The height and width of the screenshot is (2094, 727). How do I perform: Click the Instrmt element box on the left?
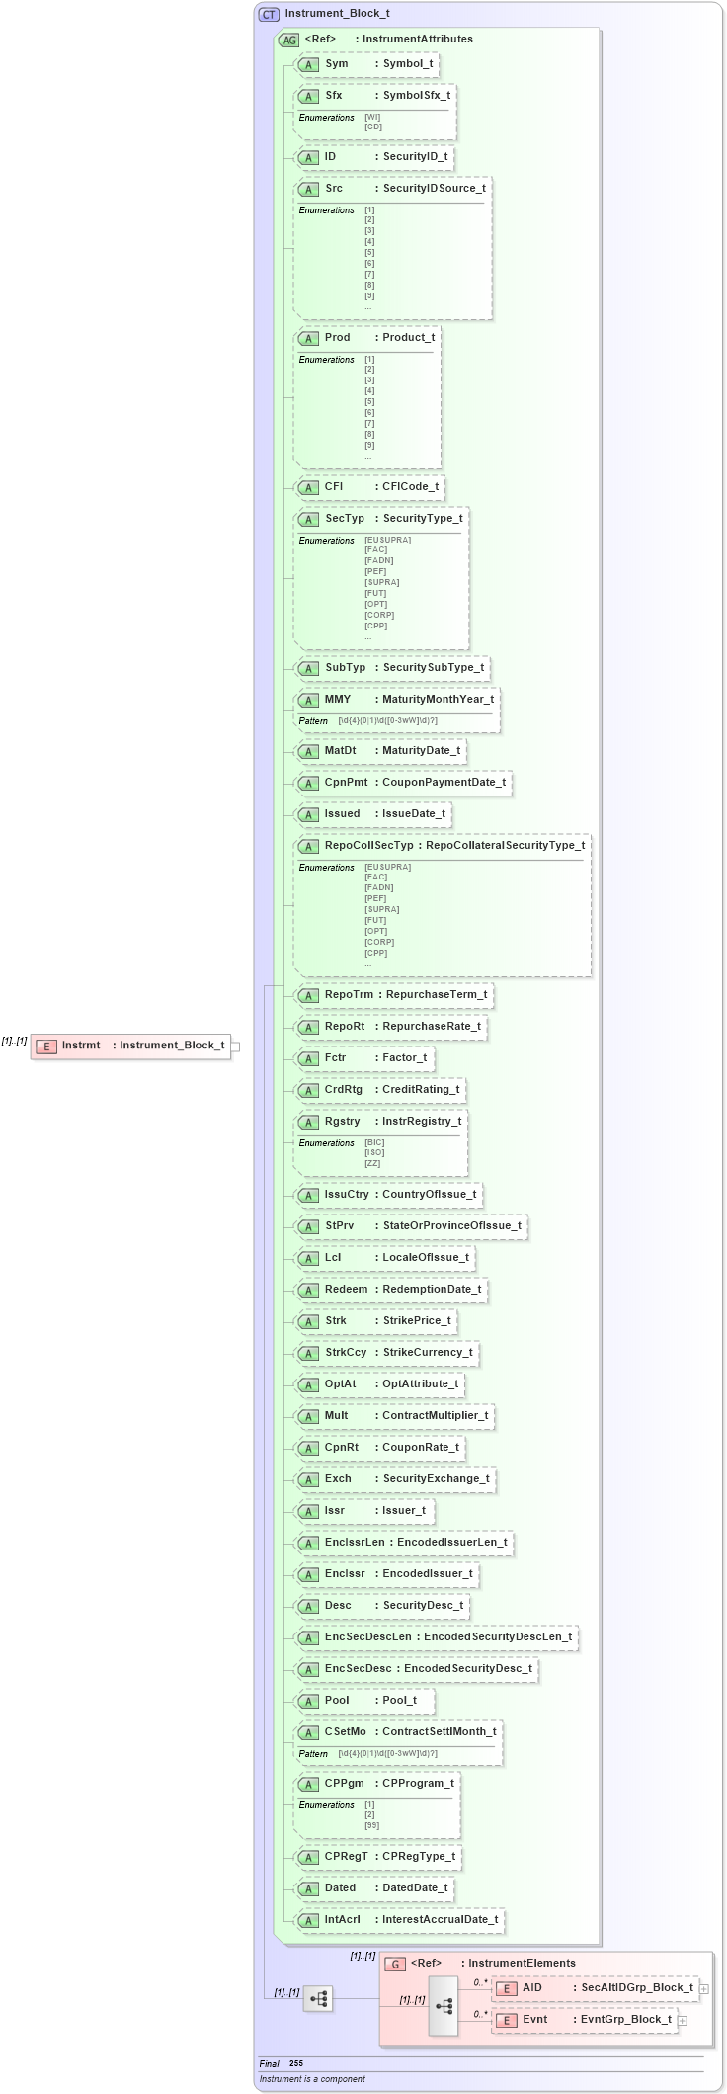(x=130, y=1046)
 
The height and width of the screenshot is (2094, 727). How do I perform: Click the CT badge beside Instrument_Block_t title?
(x=269, y=14)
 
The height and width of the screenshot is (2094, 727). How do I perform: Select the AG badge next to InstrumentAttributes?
(x=288, y=40)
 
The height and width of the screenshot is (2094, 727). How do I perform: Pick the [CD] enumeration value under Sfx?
(x=373, y=126)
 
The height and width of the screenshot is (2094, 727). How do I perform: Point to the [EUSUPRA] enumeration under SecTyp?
(x=387, y=540)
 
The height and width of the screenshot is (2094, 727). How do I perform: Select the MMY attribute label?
(x=338, y=699)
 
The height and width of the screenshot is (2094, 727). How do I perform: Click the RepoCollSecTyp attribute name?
(x=369, y=845)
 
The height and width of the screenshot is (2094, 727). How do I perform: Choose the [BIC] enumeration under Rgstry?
(x=374, y=1142)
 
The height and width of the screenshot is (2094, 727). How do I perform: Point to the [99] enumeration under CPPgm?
(x=371, y=1826)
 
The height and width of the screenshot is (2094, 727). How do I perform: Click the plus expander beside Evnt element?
(x=683, y=2021)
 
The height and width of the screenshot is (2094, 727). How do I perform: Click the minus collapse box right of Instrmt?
(x=235, y=1046)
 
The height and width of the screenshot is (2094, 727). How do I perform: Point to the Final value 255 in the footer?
(x=296, y=2063)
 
